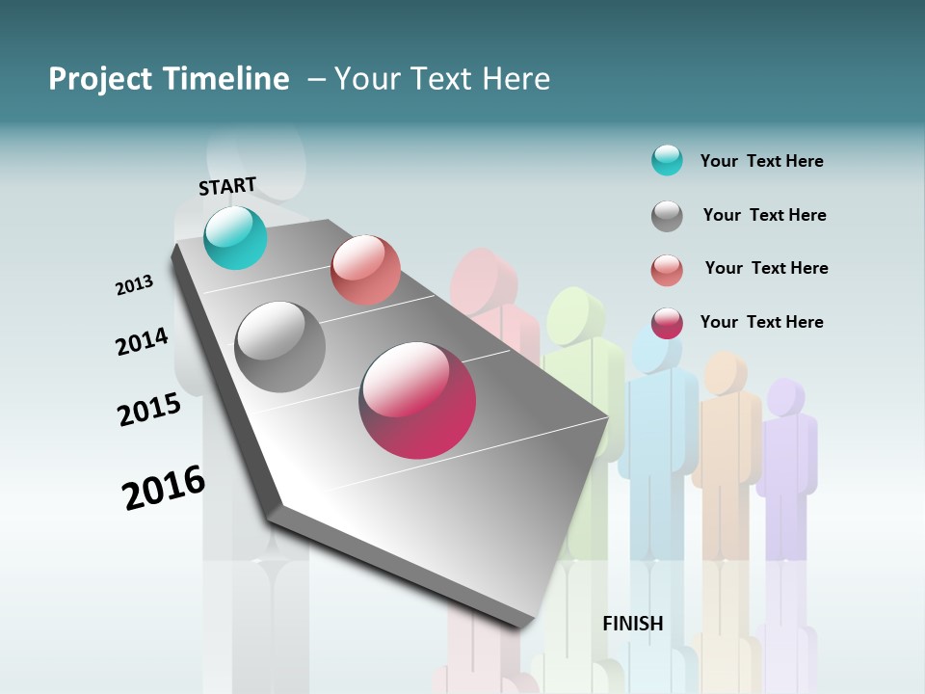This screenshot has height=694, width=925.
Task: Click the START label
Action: coord(227,186)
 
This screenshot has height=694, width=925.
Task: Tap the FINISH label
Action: coord(633,624)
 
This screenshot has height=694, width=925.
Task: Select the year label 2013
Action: coord(134,285)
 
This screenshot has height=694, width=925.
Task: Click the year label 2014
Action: coord(142,341)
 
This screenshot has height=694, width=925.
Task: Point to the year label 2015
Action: coord(149,410)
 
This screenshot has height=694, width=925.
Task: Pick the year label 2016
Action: coord(164,488)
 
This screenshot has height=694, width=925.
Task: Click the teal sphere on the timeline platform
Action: coord(235,237)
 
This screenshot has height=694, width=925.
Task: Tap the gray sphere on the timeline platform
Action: coord(280,347)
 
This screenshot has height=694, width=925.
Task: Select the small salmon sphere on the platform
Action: coord(365,270)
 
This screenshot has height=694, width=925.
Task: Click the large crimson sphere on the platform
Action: coord(417,400)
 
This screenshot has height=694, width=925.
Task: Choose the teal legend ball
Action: coord(667,160)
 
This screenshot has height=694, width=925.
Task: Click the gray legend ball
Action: coord(667,216)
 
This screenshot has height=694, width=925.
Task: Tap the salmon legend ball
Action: coord(667,270)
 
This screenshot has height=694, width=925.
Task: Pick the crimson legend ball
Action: coord(667,323)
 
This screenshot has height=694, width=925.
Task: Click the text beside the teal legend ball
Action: coord(761,161)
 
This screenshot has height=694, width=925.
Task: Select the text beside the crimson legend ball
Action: coord(761,322)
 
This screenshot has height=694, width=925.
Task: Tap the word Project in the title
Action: coord(99,79)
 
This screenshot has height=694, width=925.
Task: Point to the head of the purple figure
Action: coord(785,396)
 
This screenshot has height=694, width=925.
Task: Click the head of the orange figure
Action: coord(725,373)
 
